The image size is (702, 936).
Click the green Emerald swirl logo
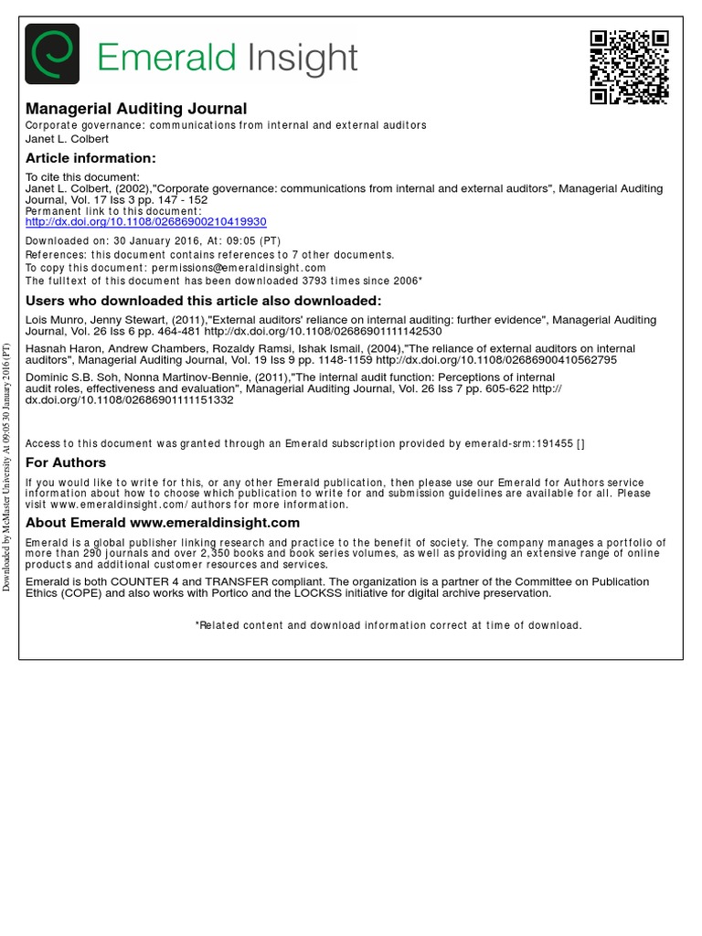(52, 55)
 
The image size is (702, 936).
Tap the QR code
(629, 67)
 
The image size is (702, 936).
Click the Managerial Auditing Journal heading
(136, 109)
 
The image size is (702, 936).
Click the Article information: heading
(90, 158)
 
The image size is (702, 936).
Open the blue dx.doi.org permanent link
(145, 222)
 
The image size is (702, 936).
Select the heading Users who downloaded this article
(203, 301)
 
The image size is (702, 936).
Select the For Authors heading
(66, 463)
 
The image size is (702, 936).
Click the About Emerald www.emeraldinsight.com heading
(163, 523)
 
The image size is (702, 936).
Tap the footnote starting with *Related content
(388, 625)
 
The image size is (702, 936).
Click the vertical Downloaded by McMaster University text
(6, 466)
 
